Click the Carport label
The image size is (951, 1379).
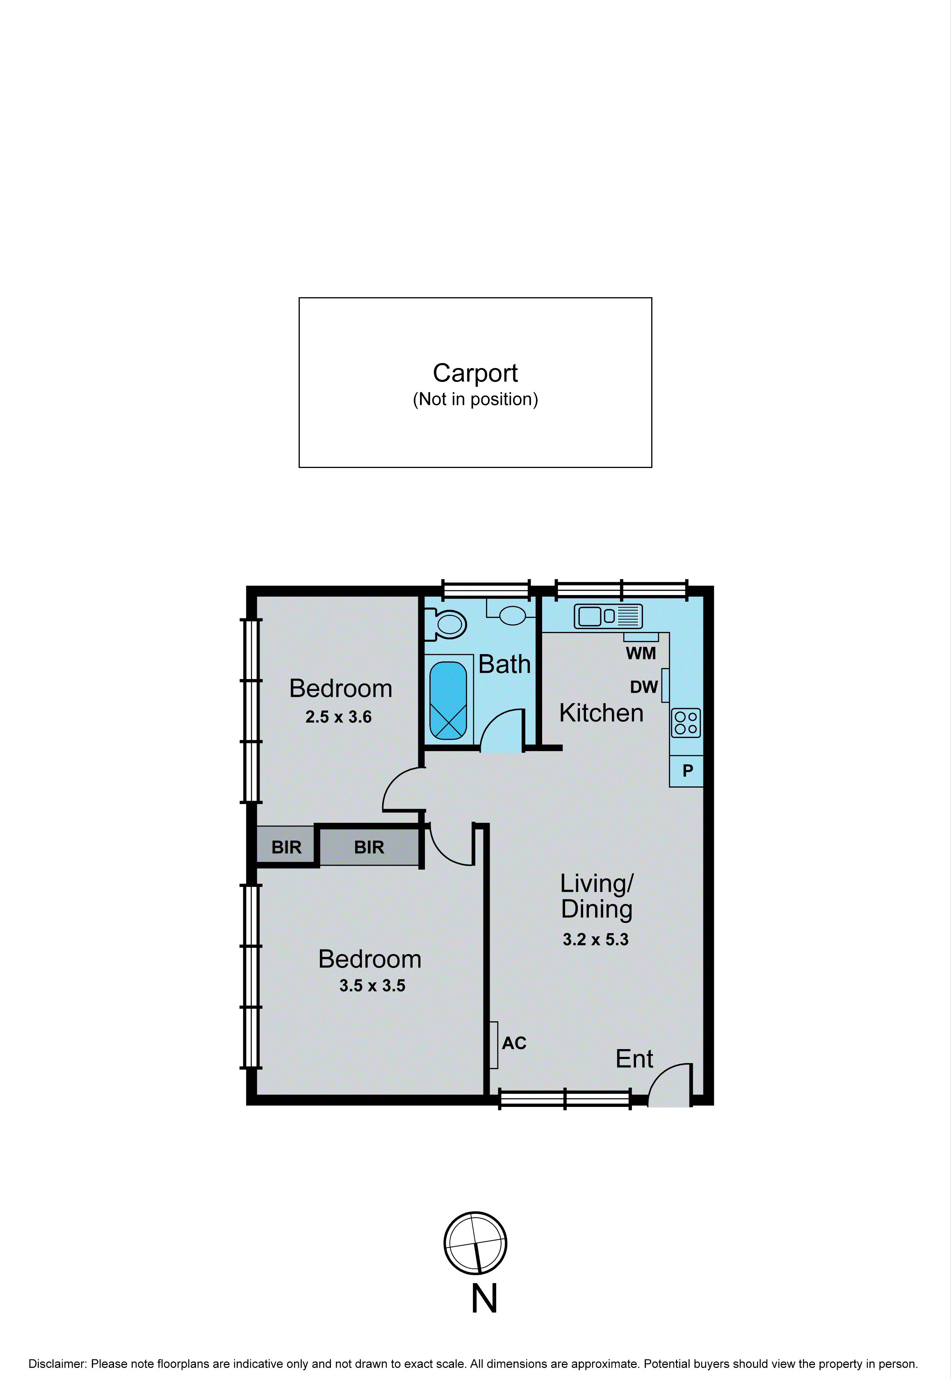pyautogui.click(x=475, y=373)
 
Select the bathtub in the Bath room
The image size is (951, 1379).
pyautogui.click(x=448, y=700)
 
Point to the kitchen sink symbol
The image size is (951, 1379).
pyautogui.click(x=608, y=616)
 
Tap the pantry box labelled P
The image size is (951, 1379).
pyautogui.click(x=687, y=771)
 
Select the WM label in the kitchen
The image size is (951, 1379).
pyautogui.click(x=641, y=654)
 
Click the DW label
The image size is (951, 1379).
pyautogui.click(x=643, y=688)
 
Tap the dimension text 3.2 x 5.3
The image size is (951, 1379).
pyautogui.click(x=595, y=940)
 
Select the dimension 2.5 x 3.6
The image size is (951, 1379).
pyautogui.click(x=338, y=717)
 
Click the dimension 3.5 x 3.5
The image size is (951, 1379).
pyautogui.click(x=372, y=986)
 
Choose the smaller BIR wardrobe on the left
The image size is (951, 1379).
pyautogui.click(x=286, y=847)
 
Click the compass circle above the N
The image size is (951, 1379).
pyautogui.click(x=475, y=1243)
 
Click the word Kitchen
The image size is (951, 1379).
pyautogui.click(x=601, y=713)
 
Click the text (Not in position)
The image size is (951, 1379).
pyautogui.click(x=475, y=400)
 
